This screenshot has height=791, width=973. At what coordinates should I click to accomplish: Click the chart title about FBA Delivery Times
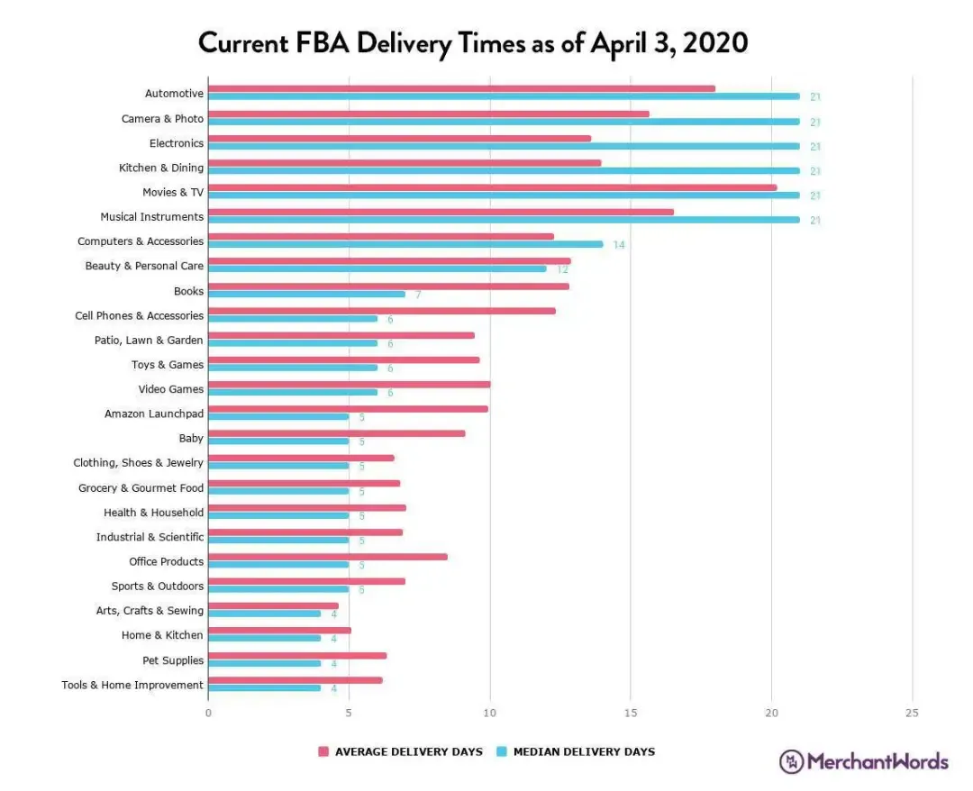(473, 42)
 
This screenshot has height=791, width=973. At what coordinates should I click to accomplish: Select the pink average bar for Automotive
(461, 88)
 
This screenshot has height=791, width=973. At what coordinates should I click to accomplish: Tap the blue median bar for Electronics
(504, 146)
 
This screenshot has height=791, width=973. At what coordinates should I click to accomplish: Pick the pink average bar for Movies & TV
(492, 187)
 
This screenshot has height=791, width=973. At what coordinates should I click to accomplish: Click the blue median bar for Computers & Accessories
(405, 244)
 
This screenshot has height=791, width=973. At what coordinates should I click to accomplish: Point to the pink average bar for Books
(388, 286)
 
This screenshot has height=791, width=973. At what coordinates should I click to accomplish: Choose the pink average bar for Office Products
(328, 557)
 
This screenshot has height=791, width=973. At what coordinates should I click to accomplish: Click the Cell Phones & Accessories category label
(139, 315)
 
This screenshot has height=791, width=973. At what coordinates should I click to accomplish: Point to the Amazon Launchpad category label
(154, 414)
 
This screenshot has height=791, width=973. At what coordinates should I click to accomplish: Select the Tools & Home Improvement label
(132, 685)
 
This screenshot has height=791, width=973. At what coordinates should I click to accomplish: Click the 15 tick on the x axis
(631, 713)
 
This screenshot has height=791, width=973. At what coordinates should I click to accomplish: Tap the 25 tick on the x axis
(912, 713)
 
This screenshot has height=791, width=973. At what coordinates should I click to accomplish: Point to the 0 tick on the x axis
(208, 713)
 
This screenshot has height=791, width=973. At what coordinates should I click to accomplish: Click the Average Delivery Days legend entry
(400, 751)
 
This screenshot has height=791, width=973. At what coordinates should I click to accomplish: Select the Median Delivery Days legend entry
(576, 751)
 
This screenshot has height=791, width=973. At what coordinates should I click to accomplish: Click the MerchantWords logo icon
(791, 761)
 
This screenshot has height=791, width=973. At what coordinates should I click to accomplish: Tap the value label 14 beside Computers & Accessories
(619, 245)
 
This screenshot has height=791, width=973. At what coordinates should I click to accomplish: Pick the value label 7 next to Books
(418, 295)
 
